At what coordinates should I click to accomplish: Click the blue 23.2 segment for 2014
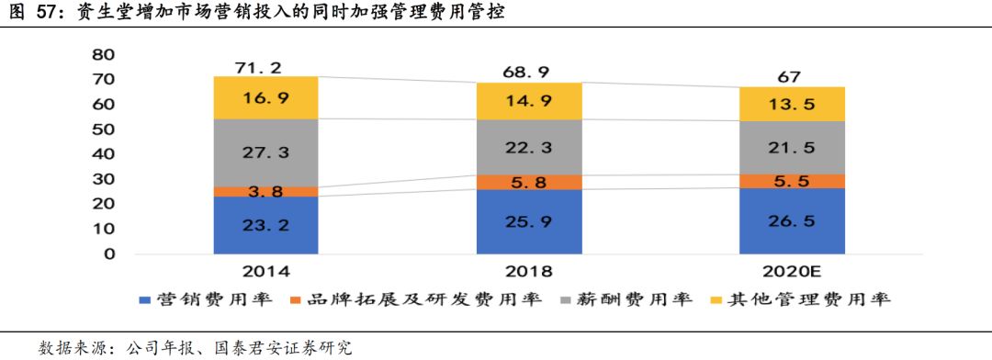click(265, 225)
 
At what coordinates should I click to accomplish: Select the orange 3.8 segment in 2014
click(265, 192)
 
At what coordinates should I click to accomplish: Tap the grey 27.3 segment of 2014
click(265, 153)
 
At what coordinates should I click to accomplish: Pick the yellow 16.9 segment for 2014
click(265, 97)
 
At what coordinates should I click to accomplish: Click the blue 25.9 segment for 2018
click(529, 221)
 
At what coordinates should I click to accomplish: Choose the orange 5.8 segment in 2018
click(529, 183)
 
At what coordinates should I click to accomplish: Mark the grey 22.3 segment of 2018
click(529, 147)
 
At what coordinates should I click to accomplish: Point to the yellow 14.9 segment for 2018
click(529, 101)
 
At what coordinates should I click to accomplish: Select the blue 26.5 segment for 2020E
click(792, 220)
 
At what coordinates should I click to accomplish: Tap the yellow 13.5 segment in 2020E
click(792, 104)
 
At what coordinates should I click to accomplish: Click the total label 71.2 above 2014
click(265, 66)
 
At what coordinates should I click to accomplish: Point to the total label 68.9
click(529, 71)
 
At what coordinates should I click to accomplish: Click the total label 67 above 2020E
click(792, 75)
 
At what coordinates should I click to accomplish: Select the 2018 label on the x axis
click(529, 272)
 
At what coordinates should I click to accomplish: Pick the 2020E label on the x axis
click(792, 272)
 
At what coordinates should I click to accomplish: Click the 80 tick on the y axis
click(103, 54)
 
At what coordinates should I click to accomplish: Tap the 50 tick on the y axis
click(103, 129)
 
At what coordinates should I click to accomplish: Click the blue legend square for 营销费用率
click(145, 299)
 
